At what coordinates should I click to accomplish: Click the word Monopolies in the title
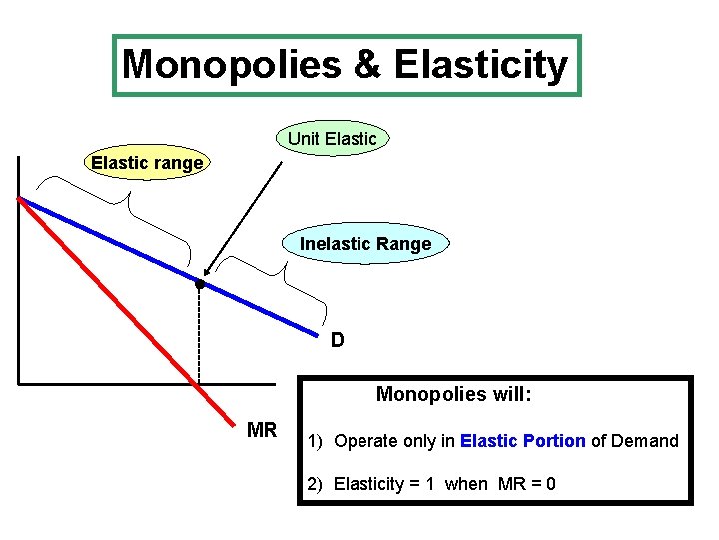point(231,66)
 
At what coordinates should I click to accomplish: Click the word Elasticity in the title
point(481,66)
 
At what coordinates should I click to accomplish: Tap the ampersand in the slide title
point(366,66)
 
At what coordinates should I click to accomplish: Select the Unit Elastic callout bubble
point(333,139)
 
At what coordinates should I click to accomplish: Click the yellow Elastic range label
point(147,162)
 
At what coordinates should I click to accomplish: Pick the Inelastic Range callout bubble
point(365,244)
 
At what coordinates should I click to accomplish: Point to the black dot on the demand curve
point(200,285)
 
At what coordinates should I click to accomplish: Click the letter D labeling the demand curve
point(338,340)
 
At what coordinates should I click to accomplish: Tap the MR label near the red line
point(262,430)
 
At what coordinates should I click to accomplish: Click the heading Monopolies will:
point(453,394)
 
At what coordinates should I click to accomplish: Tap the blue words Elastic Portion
point(523,441)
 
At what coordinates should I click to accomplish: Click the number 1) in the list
point(315,441)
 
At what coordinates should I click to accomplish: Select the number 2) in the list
point(315,485)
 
